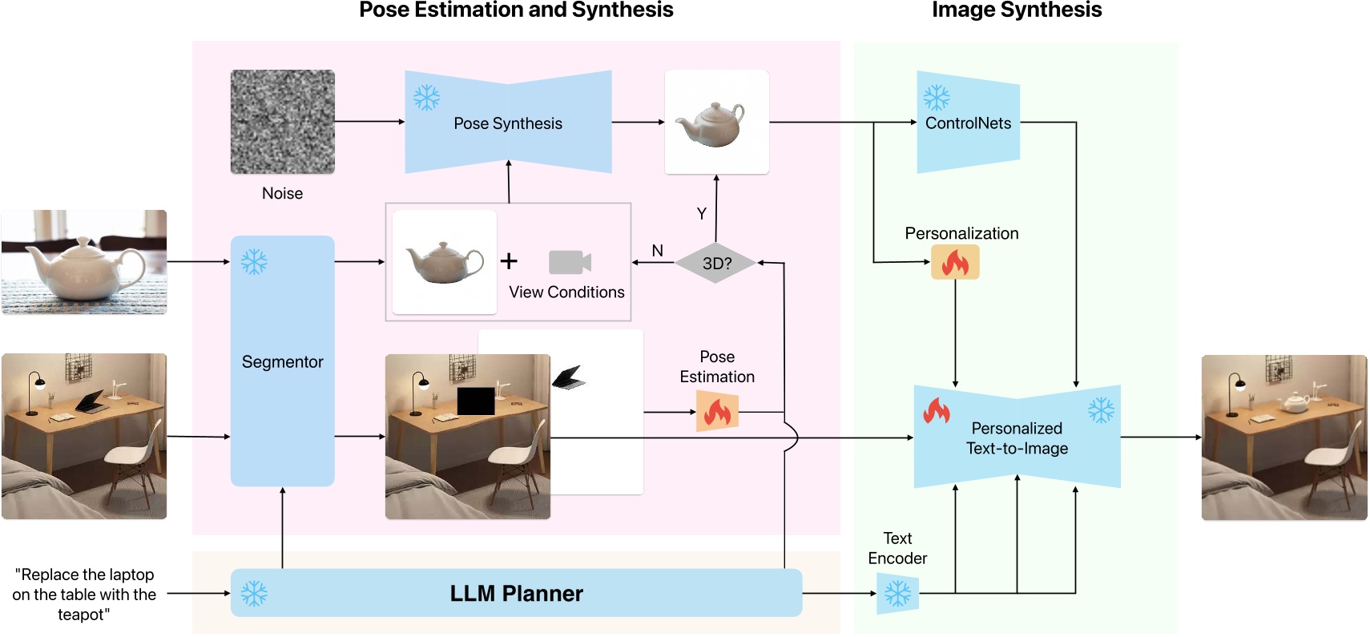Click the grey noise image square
coord(282,122)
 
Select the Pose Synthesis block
coord(508,123)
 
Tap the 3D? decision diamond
coord(716,263)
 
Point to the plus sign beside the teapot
coord(509,261)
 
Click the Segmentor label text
coord(282,361)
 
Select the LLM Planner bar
coord(516,593)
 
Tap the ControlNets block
coord(968,123)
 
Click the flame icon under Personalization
coord(955,262)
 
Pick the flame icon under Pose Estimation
coord(716,412)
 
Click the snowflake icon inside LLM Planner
coord(254,593)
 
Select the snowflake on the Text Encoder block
coord(897,594)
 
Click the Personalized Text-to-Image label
coord(1017,438)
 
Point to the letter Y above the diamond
coord(702,213)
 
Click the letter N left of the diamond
coord(657,251)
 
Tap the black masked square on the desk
coord(475,401)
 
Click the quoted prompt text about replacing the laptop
coord(84,594)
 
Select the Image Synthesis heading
coord(1016,10)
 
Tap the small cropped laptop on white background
coord(569,377)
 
